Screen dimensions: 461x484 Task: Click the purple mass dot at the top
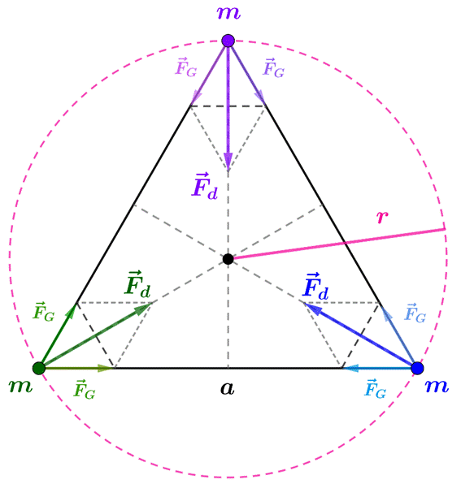pos(228,41)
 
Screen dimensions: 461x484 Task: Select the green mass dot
pos(39,368)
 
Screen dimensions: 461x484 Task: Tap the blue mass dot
pos(417,368)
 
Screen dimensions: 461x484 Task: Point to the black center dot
pos(228,259)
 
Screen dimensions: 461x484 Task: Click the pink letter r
pos(382,217)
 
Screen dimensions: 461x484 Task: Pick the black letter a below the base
pos(228,388)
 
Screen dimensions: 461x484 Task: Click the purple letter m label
pos(228,13)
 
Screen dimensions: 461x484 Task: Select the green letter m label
pos(20,387)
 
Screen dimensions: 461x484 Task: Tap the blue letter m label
pos(437,387)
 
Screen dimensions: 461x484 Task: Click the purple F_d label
pos(205,186)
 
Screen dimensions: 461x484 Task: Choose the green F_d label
pos(137,284)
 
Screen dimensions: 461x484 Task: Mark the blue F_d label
pos(315,287)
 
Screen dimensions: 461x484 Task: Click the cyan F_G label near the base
pos(376,389)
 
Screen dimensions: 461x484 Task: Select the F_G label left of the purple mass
pos(186,67)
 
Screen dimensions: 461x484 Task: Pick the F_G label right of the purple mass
pos(274,68)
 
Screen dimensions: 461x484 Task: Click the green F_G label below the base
pos(85,390)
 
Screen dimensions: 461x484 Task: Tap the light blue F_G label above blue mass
pos(415,313)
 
